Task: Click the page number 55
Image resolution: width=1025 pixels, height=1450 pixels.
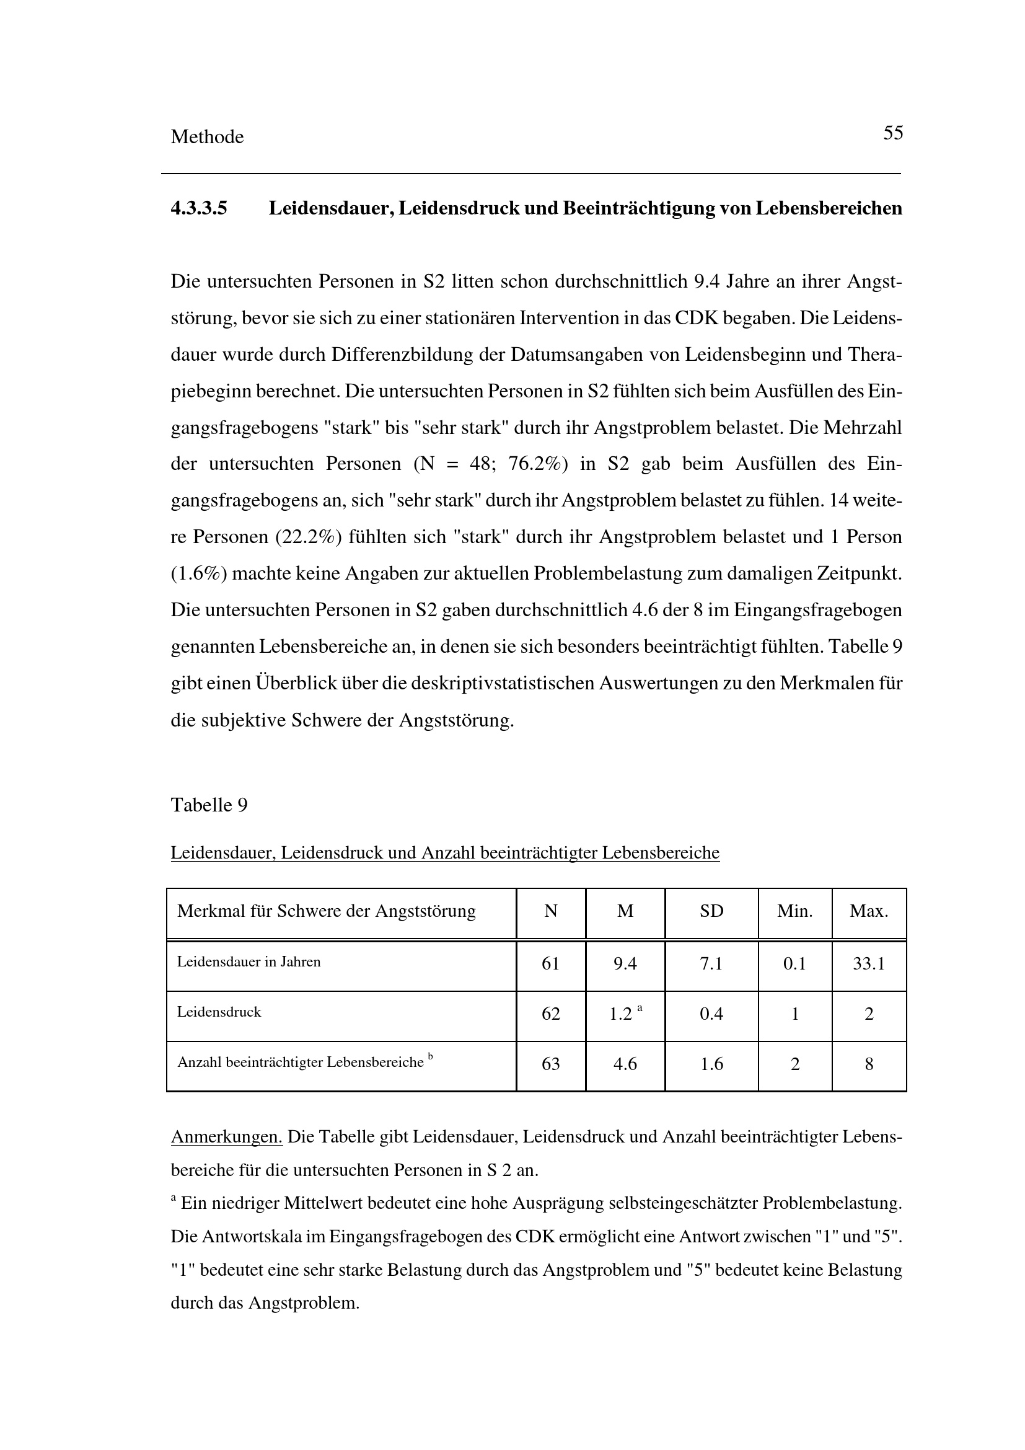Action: pos(892,133)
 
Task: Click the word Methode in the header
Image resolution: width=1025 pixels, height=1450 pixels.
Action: pos(207,137)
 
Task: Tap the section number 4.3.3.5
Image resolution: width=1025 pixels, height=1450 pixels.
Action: pos(199,208)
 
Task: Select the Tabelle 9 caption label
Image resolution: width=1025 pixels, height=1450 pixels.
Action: pos(209,805)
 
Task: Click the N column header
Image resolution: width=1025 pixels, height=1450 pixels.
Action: pos(550,911)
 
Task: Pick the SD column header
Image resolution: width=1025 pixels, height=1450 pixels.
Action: pos(711,911)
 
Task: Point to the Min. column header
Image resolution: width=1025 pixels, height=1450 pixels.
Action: pos(794,911)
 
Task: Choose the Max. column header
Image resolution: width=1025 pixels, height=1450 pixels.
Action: pos(868,911)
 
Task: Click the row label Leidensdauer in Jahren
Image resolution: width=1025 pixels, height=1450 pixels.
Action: pos(249,962)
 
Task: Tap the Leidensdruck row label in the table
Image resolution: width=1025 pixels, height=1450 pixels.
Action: pos(219,1012)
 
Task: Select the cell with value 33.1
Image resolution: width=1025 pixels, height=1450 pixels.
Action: pos(868,964)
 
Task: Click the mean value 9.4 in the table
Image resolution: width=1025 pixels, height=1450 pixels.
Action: pos(625,964)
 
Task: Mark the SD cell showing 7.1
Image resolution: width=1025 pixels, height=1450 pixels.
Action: pos(711,964)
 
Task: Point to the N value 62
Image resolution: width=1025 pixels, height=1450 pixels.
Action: pos(550,1014)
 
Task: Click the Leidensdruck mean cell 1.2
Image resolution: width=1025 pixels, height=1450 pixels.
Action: pos(621,1014)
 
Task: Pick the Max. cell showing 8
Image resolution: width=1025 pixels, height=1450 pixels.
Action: pos(868,1064)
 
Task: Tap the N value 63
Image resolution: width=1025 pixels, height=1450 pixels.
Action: pos(550,1064)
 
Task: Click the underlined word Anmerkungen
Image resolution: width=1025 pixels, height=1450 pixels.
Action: pos(227,1138)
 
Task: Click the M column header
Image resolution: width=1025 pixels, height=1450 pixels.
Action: pos(625,911)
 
